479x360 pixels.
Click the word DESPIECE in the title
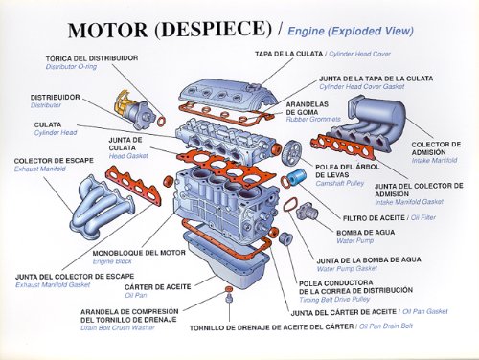214,30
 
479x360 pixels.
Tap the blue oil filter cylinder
297,177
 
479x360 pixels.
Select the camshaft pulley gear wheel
291,152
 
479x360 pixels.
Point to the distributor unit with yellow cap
133,109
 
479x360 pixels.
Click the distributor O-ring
162,121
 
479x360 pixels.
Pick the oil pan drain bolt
229,299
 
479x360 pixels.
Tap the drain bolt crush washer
229,289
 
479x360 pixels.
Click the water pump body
307,211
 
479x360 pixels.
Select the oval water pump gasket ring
290,205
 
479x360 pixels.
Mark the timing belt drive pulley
285,238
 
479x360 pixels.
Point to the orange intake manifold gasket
343,147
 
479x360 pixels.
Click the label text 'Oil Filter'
423,217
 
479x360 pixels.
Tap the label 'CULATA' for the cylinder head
48,124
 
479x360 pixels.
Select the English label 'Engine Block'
112,261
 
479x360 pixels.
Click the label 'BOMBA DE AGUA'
365,233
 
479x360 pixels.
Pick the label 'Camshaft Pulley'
340,184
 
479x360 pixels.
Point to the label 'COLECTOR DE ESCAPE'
54,161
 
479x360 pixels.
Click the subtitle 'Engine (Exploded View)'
351,32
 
